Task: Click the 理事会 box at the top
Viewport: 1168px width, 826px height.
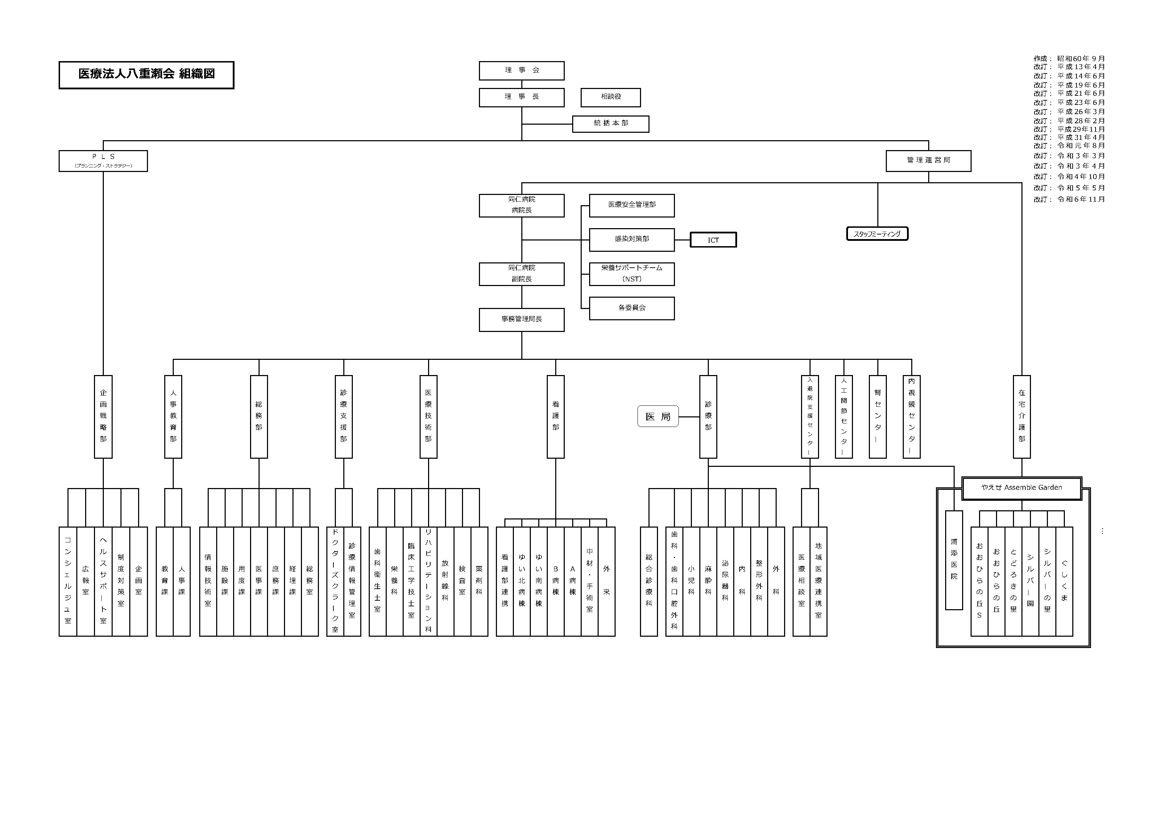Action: point(521,71)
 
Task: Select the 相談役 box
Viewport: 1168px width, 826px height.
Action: point(610,97)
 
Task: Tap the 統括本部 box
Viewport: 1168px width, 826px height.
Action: point(610,124)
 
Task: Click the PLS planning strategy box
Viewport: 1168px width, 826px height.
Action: point(103,161)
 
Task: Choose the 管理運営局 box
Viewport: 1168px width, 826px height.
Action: point(929,161)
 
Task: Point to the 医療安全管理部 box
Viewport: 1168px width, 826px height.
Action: point(632,206)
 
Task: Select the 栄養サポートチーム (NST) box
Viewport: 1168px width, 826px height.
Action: point(632,274)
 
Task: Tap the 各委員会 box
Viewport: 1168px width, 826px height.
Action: point(632,308)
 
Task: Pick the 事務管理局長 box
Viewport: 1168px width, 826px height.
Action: point(521,319)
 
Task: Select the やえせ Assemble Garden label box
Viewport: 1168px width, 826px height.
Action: point(1021,488)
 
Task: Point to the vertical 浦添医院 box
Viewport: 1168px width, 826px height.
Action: point(954,560)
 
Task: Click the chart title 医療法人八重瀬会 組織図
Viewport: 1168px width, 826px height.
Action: point(147,74)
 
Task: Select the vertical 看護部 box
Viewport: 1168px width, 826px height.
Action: point(556,417)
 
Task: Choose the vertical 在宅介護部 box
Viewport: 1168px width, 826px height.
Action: point(1021,417)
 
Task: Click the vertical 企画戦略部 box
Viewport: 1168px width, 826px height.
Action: point(103,417)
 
